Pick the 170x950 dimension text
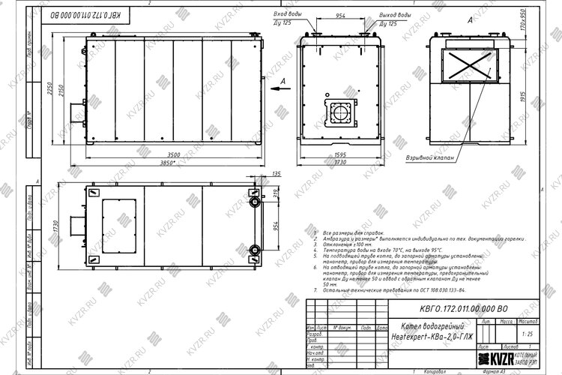pos(520,31)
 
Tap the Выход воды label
pos(395,15)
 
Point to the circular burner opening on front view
pos(341,114)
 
